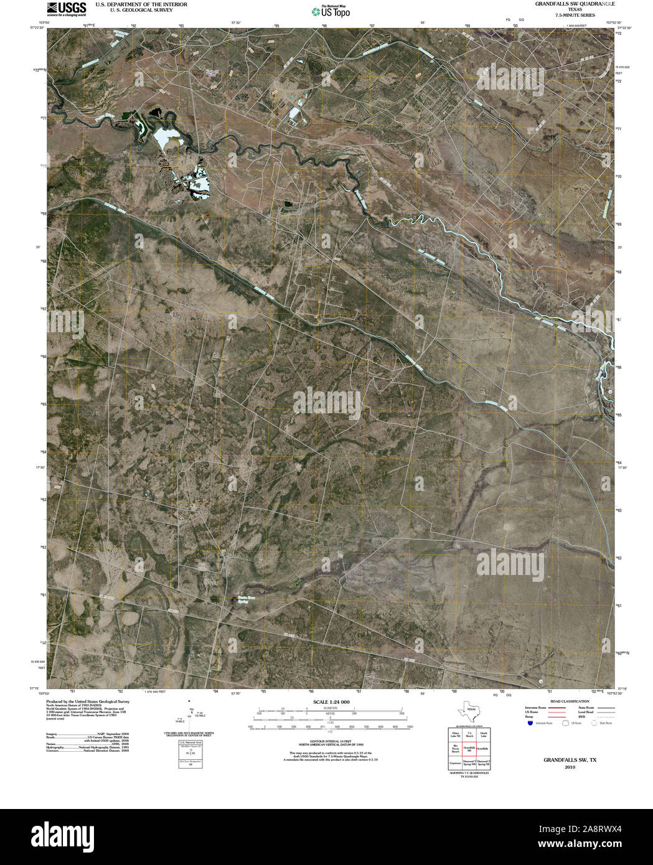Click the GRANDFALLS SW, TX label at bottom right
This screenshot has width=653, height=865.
tap(570, 760)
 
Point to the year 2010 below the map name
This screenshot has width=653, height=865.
tap(570, 767)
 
